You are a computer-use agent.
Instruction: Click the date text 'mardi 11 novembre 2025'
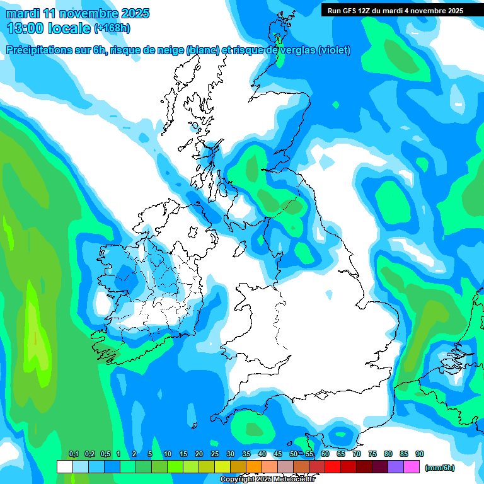pyautogui.click(x=77, y=13)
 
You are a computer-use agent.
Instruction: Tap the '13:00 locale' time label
pyautogui.click(x=48, y=28)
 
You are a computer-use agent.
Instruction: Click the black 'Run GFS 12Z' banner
pyautogui.click(x=395, y=10)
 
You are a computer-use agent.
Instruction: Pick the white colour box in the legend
pyautogui.click(x=64, y=467)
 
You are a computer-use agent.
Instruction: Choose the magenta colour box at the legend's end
pyautogui.click(x=412, y=467)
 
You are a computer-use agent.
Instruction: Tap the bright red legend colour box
pyautogui.click(x=333, y=467)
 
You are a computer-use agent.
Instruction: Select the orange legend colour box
pyautogui.click(x=254, y=467)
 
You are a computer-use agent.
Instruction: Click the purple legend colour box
pyautogui.click(x=396, y=467)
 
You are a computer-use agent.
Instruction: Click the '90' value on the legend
pyautogui.click(x=420, y=454)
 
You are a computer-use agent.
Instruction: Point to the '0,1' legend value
pyautogui.click(x=74, y=454)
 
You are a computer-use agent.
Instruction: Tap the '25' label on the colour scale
pyautogui.click(x=215, y=454)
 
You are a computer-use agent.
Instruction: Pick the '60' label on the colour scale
pyautogui.click(x=325, y=454)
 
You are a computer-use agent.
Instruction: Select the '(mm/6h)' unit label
pyautogui.click(x=439, y=468)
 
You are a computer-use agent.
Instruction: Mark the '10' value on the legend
pyautogui.click(x=168, y=454)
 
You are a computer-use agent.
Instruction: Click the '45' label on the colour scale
pyautogui.click(x=278, y=454)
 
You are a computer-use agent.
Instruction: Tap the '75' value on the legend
pyautogui.click(x=372, y=454)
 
